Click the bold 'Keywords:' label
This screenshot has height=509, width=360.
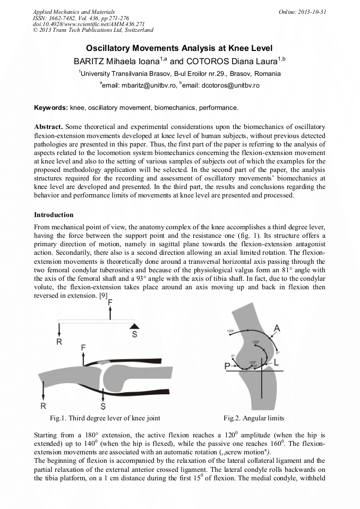tap(51, 108)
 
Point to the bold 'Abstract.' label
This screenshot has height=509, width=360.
tap(49, 127)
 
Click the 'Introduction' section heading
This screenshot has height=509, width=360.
tap(54, 215)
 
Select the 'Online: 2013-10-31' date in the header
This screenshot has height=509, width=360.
tap(303, 12)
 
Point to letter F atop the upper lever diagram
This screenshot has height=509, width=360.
tap(110, 303)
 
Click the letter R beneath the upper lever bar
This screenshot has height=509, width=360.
tap(59, 342)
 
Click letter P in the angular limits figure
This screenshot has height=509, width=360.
tap(227, 366)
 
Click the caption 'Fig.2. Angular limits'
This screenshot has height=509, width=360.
tap(253, 418)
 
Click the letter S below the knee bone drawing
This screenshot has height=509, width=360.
tap(103, 406)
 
